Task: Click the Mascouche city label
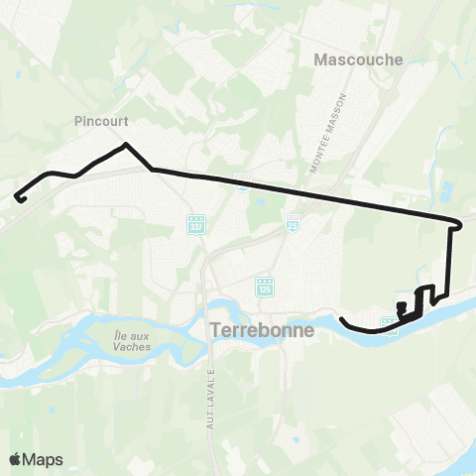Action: pos(358,59)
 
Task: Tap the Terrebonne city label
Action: pos(262,329)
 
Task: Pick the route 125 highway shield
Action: pos(264,288)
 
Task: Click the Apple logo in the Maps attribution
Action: pos(15,459)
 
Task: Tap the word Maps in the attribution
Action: pos(43,459)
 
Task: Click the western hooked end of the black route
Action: pos(19,198)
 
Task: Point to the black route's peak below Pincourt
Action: pos(126,146)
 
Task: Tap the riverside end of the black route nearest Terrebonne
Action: pos(341,319)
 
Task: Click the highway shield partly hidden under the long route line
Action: pos(241,180)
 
